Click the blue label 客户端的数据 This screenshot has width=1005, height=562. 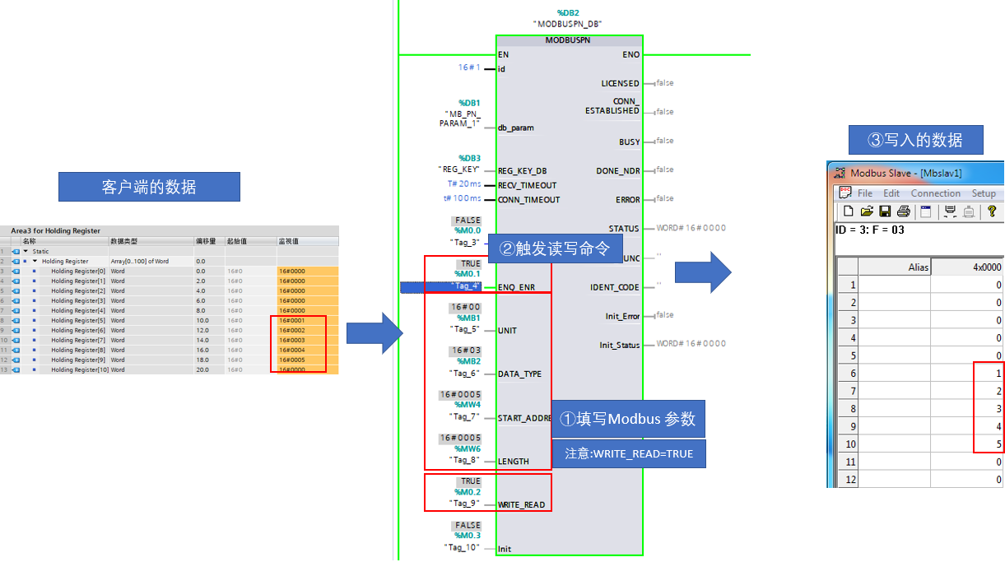(149, 187)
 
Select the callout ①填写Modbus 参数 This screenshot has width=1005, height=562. (627, 419)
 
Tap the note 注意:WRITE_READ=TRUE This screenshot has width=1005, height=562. (628, 453)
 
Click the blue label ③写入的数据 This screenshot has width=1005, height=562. (915, 140)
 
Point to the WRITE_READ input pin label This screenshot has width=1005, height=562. (521, 505)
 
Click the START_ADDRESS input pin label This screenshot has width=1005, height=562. (523, 418)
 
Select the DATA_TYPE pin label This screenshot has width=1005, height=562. (519, 374)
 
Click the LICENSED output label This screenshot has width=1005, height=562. (620, 84)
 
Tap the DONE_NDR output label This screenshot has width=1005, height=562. (617, 171)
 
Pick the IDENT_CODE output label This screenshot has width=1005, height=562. (615, 287)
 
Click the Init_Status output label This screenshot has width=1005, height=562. (619, 346)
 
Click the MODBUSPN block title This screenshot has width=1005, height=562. (569, 39)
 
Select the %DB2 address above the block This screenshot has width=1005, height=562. (569, 13)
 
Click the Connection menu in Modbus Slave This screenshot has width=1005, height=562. (935, 193)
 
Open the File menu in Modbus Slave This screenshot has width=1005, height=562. (865, 193)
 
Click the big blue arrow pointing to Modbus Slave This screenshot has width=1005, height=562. (703, 272)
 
